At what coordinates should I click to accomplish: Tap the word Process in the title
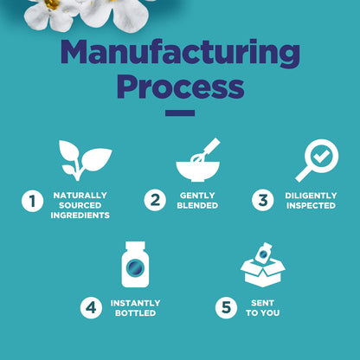tap(181, 87)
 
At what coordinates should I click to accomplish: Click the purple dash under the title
tap(180, 112)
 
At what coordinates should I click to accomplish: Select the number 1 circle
tap(33, 201)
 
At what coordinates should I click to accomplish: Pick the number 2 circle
tap(155, 200)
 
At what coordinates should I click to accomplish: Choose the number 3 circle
tap(263, 200)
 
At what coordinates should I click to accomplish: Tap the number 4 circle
tap(91, 308)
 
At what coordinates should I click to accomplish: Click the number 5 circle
tap(226, 308)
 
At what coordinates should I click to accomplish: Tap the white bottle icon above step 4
tap(135, 265)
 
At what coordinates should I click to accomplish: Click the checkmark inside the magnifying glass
tap(321, 156)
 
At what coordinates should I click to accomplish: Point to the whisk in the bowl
tap(205, 151)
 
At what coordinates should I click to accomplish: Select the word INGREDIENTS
tap(80, 215)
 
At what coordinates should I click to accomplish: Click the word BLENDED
tap(197, 205)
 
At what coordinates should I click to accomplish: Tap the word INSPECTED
tap(311, 206)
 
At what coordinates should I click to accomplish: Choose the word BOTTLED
tap(136, 313)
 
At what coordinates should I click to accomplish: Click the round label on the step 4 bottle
tap(135, 268)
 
